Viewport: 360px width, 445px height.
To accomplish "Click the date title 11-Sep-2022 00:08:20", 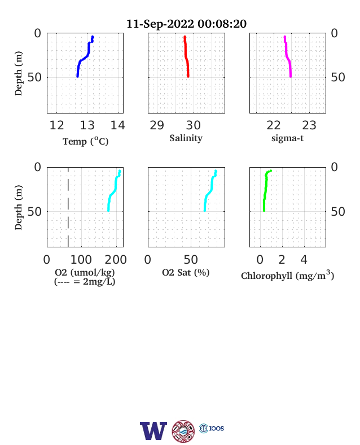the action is (x=186, y=24).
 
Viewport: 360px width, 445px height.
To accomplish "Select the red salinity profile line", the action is (x=186, y=57).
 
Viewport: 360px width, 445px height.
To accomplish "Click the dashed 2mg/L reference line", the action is (x=68, y=207).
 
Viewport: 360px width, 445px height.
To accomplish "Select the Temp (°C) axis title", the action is (x=86, y=141).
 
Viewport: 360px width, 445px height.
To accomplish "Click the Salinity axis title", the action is (x=186, y=138).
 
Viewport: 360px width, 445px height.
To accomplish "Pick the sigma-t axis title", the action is (x=287, y=138).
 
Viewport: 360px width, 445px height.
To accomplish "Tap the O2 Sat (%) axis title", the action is (x=186, y=272).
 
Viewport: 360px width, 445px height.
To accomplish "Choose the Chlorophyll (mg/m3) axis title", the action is (x=287, y=275).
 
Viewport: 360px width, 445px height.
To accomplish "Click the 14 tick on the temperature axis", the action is (x=117, y=125).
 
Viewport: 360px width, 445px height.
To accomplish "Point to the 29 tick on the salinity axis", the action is (x=157, y=125).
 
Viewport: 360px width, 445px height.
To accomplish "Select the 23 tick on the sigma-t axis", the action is (x=309, y=125).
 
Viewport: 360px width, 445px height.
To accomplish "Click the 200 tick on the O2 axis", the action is (x=116, y=260).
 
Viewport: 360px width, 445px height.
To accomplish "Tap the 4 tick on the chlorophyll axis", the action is (x=304, y=260).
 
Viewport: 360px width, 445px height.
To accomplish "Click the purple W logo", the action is (x=153, y=430).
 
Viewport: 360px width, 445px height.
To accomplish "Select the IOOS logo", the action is (x=212, y=428).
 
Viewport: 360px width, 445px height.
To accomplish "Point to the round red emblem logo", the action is (x=183, y=431).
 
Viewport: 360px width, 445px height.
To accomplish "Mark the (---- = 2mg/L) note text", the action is (x=85, y=282).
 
